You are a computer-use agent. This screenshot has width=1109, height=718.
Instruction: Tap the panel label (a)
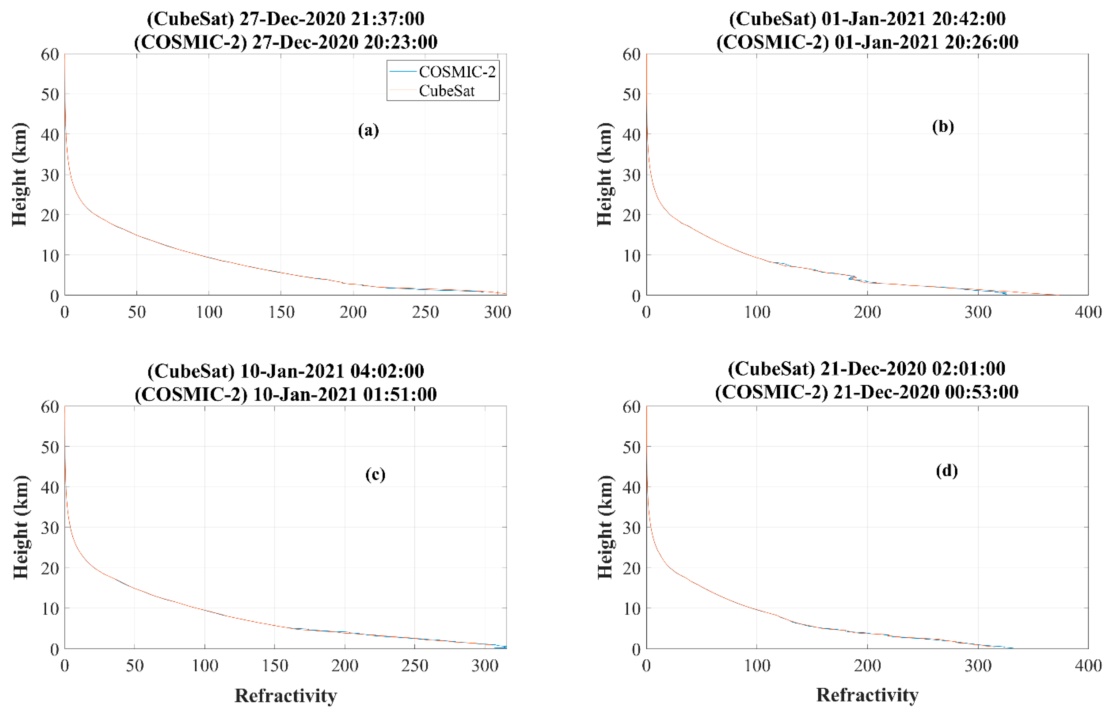(368, 130)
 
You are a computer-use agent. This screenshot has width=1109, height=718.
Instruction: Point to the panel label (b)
(943, 127)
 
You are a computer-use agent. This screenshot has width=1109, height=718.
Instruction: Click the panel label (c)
(375, 474)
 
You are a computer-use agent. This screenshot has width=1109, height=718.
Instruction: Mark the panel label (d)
(946, 471)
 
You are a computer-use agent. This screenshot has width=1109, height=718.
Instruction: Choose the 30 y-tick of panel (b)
(632, 175)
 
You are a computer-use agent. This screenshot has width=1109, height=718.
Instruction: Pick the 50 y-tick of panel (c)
(49, 447)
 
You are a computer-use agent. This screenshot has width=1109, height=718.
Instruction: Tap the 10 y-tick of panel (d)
(632, 608)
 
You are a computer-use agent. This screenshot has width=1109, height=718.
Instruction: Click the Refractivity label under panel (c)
(285, 696)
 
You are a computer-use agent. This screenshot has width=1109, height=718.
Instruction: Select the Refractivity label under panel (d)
(867, 695)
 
